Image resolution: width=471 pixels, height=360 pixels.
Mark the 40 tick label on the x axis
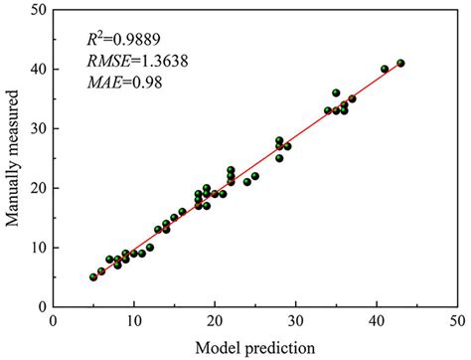pos(377,321)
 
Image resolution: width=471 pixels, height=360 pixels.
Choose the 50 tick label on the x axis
pos(457,321)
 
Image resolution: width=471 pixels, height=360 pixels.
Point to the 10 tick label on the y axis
pos(37,247)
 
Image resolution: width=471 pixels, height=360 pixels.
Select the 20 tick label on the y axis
pos(37,188)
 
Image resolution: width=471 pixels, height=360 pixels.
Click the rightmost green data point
pos(400,63)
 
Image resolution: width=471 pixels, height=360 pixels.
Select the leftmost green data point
pos(93,276)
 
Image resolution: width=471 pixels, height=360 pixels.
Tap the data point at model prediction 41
pos(385,69)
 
